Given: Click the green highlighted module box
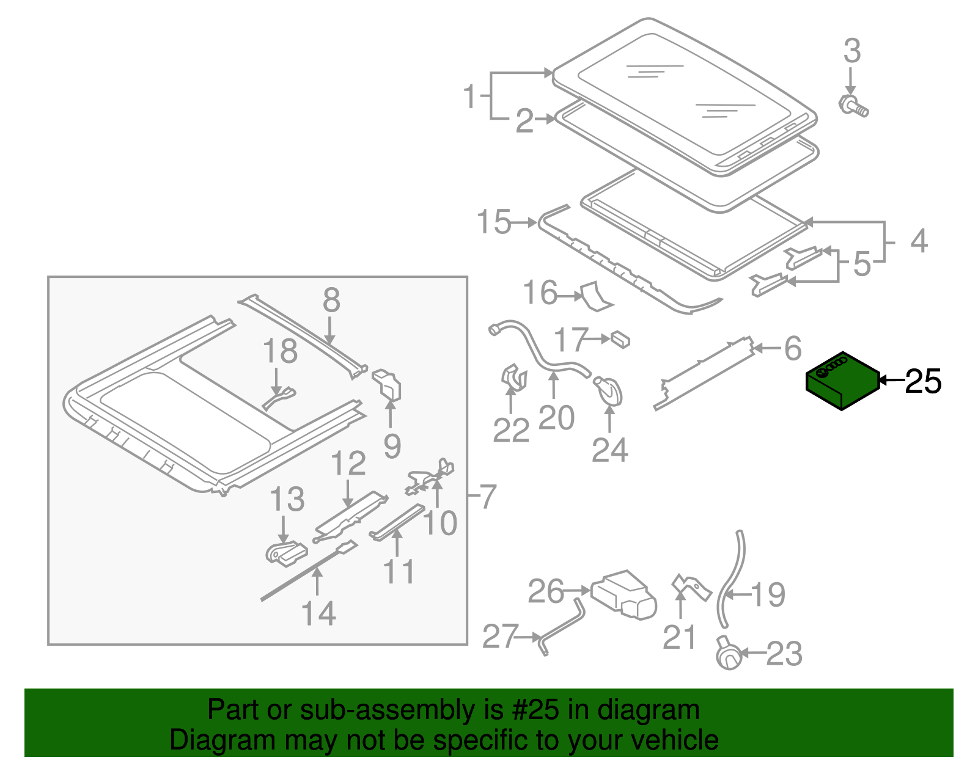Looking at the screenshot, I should [x=842, y=381].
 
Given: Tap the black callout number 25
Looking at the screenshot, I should [x=923, y=382].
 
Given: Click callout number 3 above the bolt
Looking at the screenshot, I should [x=851, y=51].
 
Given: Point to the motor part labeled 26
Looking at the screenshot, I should [x=623, y=593].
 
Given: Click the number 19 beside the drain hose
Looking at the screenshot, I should [x=768, y=594].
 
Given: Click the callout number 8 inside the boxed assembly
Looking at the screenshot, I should [x=331, y=301].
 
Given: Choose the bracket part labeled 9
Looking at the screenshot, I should [x=387, y=384].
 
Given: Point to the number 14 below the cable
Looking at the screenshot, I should [x=318, y=613].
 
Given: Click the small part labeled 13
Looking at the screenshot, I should [x=285, y=552].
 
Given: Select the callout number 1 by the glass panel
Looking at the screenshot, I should [x=469, y=97].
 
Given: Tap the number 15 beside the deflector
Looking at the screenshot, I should [x=493, y=222].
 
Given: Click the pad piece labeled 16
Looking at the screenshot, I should [x=595, y=296].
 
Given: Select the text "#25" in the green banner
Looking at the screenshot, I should [x=539, y=710].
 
